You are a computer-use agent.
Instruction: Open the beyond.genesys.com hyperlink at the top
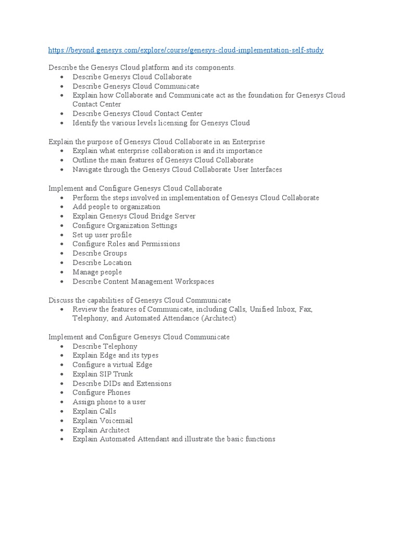186,50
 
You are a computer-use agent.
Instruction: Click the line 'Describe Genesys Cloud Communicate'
135,86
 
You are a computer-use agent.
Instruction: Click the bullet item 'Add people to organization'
116,207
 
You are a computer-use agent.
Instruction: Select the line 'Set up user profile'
102,235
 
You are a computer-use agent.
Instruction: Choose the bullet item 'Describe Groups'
99,253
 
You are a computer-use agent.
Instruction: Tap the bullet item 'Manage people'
97,272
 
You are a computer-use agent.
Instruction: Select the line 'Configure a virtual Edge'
112,364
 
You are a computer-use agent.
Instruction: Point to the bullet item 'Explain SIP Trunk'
103,374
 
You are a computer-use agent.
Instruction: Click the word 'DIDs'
111,383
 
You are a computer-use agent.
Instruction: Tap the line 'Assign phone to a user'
109,402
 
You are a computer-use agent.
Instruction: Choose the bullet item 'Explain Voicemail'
103,421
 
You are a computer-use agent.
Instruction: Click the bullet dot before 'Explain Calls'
61,412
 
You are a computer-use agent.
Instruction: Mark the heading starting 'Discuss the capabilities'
139,300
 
